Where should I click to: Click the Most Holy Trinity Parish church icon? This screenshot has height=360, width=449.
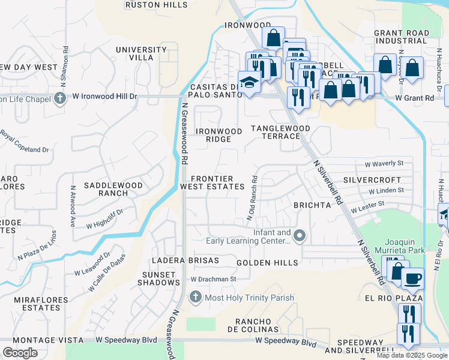(x=195, y=297)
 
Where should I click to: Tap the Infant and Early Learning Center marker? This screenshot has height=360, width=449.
(x=300, y=236)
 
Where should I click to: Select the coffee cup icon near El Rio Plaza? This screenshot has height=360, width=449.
(x=412, y=278)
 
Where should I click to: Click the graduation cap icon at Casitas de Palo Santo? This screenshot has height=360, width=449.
(x=249, y=82)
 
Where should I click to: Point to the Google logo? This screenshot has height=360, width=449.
(x=20, y=353)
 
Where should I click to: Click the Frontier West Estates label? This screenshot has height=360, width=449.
(x=212, y=182)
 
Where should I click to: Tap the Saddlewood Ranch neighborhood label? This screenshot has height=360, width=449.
(x=113, y=189)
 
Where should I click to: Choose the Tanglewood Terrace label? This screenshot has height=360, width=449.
(x=280, y=132)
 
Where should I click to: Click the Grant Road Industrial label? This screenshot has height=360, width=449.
(x=402, y=37)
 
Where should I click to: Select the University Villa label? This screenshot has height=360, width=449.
(x=141, y=53)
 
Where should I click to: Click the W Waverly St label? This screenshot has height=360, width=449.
(x=384, y=163)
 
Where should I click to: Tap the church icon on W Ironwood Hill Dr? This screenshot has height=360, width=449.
(x=59, y=98)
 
